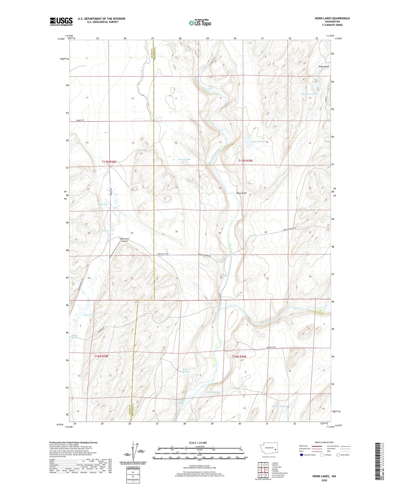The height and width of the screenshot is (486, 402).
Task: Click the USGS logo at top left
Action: click(61, 21)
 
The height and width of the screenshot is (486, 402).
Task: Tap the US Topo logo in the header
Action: click(199, 23)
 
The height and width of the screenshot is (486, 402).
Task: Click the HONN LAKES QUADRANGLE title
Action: click(328, 18)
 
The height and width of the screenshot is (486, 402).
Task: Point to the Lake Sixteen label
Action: click(258, 141)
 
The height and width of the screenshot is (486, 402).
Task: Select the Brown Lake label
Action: click(184, 159)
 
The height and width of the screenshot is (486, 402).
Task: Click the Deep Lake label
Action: click(103, 204)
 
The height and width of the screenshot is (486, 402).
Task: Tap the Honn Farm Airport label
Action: click(124, 240)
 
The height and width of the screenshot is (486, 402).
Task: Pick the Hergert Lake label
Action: click(309, 94)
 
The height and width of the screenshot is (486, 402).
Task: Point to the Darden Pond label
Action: click(278, 406)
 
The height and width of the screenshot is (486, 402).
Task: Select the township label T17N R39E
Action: click(246, 161)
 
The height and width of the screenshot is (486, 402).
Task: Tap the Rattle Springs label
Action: click(185, 370)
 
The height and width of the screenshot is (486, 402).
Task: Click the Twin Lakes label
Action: click(107, 231)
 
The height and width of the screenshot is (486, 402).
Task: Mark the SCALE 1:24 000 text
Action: click(198, 443)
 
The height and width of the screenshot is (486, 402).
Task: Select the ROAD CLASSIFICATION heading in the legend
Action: click(324, 442)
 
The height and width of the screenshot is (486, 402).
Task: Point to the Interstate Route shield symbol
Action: click(302, 455)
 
